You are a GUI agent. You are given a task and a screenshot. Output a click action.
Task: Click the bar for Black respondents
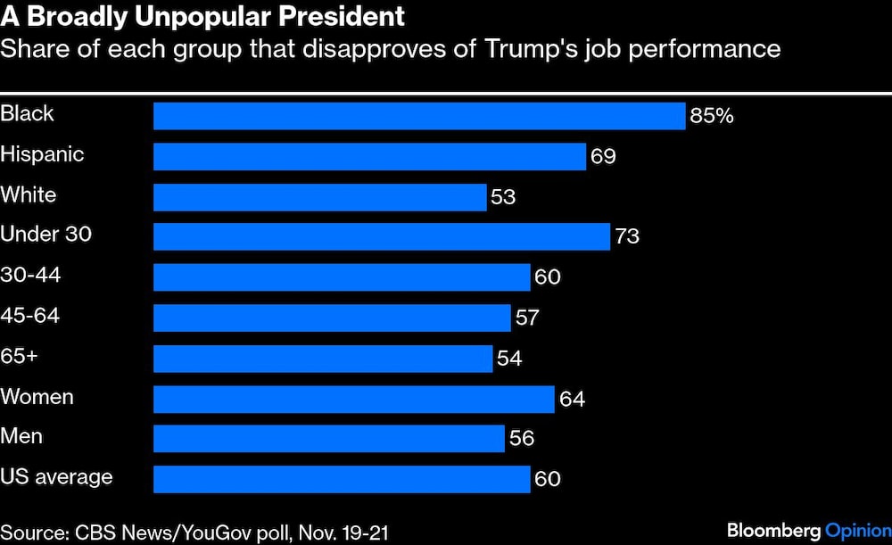coord(419,116)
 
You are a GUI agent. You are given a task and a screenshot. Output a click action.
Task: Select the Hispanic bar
coord(369,156)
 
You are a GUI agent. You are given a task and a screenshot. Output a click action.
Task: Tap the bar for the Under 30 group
coord(382,236)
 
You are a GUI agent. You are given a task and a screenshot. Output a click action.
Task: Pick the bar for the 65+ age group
coord(323,358)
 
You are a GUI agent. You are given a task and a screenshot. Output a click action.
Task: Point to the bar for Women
coord(354,398)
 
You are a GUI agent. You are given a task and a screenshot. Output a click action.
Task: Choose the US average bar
coord(342,479)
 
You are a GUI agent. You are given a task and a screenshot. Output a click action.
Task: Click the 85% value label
coord(712,116)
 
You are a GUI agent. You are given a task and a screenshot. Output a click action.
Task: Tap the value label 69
coord(603,156)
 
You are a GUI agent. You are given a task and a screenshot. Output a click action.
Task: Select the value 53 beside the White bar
coord(503,196)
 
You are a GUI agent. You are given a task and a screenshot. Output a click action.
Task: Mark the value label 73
coord(627,236)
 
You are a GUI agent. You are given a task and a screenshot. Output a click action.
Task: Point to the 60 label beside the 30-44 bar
coord(548,277)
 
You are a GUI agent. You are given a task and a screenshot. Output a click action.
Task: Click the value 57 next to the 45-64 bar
coord(527,318)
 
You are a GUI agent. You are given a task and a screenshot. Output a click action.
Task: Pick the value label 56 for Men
coord(522,439)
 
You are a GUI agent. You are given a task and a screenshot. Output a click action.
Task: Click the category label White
coord(29,194)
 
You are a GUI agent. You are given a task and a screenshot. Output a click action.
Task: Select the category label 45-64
coord(30,316)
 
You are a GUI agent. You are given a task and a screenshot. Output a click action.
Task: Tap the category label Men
coord(21,437)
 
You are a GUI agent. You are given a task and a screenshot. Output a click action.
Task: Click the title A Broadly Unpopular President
coord(202,15)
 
